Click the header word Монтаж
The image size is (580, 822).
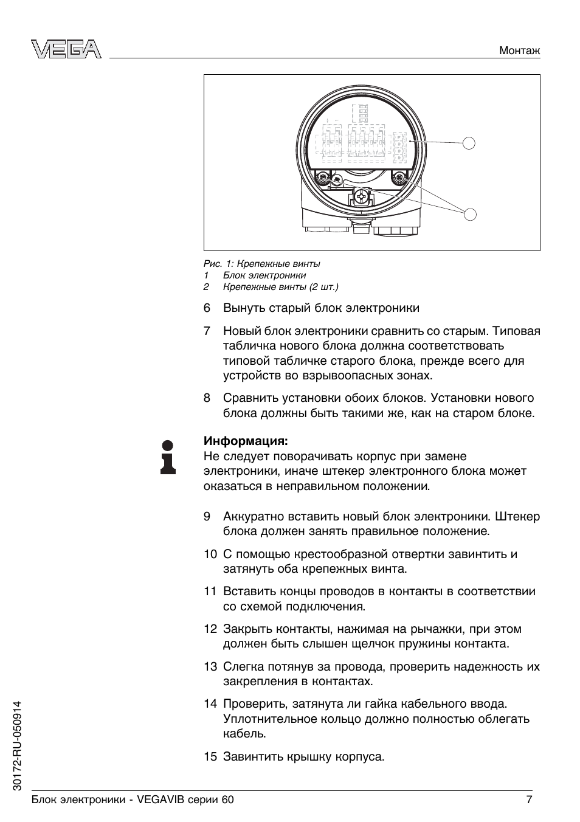point(519,51)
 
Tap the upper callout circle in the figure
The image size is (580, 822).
point(469,143)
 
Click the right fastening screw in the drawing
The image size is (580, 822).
point(399,178)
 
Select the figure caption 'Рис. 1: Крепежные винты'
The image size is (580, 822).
point(261,264)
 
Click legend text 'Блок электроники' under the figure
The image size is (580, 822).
point(264,275)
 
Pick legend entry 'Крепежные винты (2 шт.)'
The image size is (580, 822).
point(280,287)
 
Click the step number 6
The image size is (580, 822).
point(207,308)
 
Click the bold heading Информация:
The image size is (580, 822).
point(246,440)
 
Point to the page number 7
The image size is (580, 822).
point(529,800)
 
